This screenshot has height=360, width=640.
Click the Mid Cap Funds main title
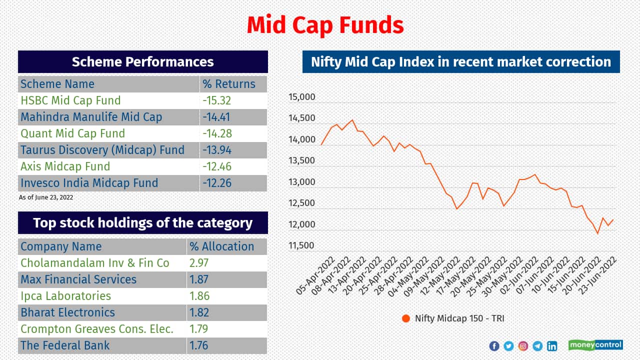pos(325,25)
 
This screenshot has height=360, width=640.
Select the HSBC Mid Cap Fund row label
pos(70,100)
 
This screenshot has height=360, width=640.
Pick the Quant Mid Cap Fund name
pos(72,133)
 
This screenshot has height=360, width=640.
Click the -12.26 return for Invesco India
pos(217,183)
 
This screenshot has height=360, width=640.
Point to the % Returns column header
pos(229,84)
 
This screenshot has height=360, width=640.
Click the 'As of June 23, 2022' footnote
pos(46,197)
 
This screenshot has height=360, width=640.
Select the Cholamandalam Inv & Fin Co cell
pos(95,263)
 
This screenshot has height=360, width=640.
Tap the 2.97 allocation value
pos(199,263)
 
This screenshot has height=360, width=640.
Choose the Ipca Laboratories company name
pos(65,296)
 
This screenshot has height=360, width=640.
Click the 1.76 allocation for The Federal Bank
pos(199,345)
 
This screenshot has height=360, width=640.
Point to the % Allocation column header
pos(221,246)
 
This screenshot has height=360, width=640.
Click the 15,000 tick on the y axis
pos(302,97)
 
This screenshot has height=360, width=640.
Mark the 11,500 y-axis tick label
pos(302,245)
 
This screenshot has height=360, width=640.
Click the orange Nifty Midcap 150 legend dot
pos(405,318)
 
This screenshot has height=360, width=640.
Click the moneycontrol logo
pos(595,345)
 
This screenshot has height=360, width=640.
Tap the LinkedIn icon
pos(552,346)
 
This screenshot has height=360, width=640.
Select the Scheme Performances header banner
pos(143,62)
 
